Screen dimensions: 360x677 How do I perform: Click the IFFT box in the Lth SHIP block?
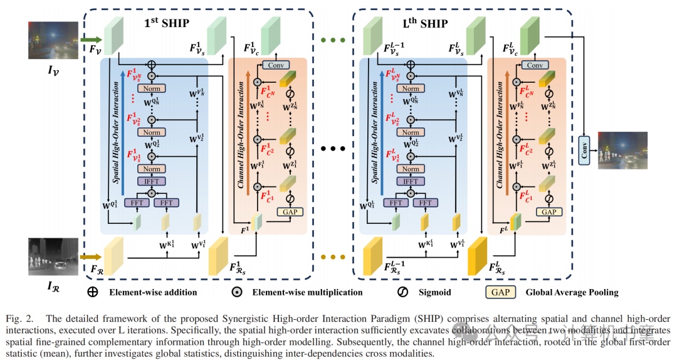coord(411,181)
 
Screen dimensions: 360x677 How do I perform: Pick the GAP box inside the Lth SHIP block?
coord(549,212)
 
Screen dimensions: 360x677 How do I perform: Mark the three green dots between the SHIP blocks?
coord(333,41)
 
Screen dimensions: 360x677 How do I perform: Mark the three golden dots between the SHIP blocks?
coord(333,257)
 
